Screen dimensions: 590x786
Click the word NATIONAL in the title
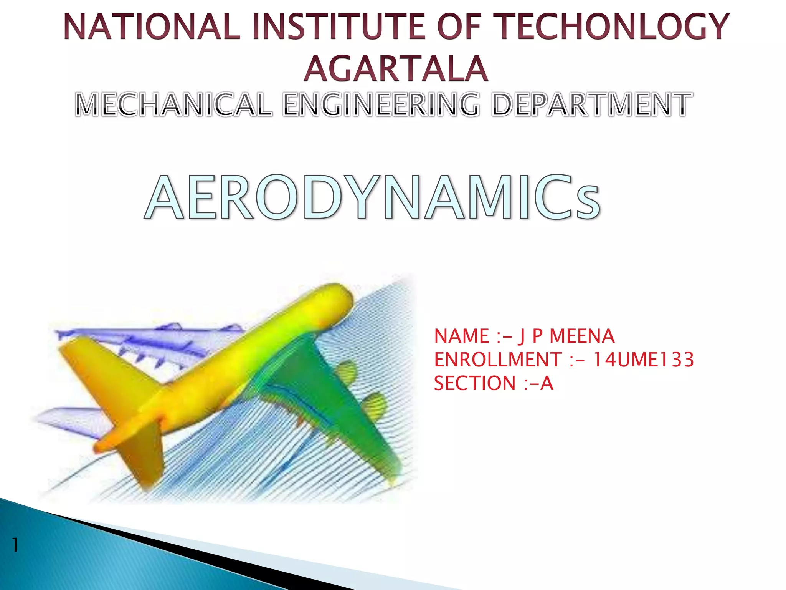point(152,27)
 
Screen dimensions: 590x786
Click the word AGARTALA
point(396,69)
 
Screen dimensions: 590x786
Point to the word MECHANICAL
point(173,104)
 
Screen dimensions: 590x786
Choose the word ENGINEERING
point(381,104)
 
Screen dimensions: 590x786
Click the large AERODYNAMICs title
point(372,198)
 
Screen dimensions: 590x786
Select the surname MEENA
point(582,336)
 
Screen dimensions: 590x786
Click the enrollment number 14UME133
point(643,360)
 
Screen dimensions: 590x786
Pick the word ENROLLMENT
point(498,360)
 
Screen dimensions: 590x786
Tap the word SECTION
point(475,383)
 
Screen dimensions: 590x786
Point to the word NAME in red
point(461,336)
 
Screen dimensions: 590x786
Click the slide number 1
point(15,545)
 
